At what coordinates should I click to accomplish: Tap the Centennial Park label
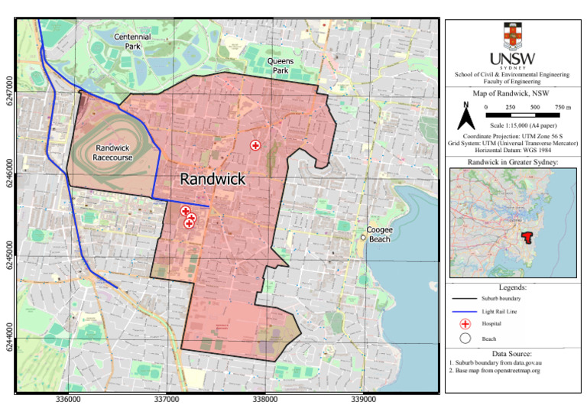(133, 41)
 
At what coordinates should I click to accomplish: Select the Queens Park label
(286, 65)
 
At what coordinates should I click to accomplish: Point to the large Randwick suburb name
(212, 179)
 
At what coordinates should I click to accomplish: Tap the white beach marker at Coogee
(363, 238)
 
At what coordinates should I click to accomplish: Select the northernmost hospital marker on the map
(256, 145)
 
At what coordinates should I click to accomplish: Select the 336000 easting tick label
(69, 399)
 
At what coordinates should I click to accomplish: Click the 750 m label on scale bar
(559, 107)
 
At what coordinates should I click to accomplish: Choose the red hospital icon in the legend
(464, 324)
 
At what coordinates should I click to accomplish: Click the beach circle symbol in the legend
(464, 338)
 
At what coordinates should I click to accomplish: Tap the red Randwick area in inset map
(526, 238)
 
